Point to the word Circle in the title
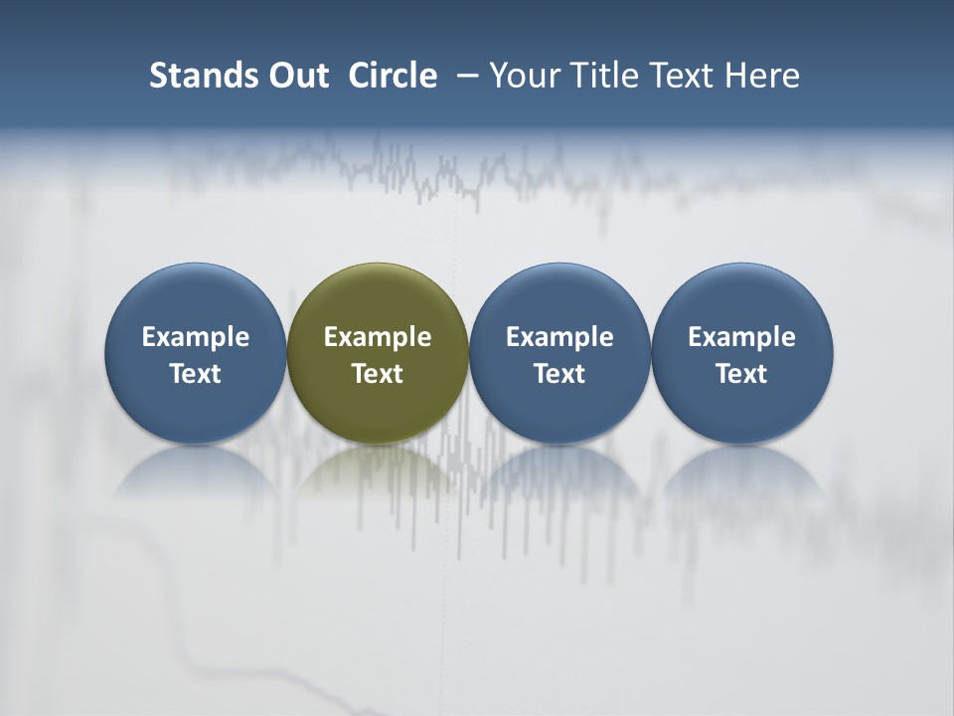pos(393,76)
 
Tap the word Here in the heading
pos(763,76)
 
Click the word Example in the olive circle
pos(378,337)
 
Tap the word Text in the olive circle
pos(378,374)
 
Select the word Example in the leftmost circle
pos(196,337)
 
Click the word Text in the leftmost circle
pos(196,374)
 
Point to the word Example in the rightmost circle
pos(741,337)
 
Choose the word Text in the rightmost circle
pos(741,374)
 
